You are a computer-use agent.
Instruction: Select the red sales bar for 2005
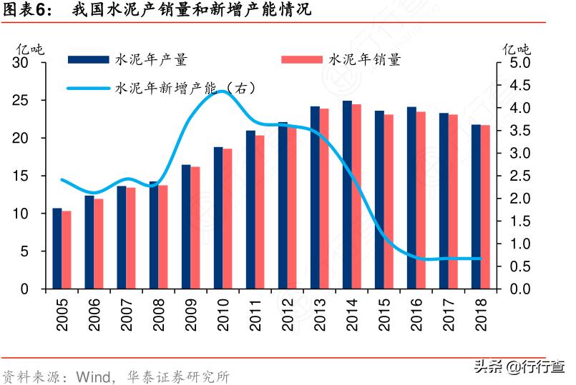(x=67, y=250)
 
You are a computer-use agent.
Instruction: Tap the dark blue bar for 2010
(x=218, y=218)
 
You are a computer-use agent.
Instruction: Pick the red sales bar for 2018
(x=485, y=207)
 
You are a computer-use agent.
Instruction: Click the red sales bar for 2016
(x=421, y=200)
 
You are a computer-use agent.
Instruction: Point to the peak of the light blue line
(x=220, y=91)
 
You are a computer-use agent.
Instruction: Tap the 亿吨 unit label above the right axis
(x=517, y=49)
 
